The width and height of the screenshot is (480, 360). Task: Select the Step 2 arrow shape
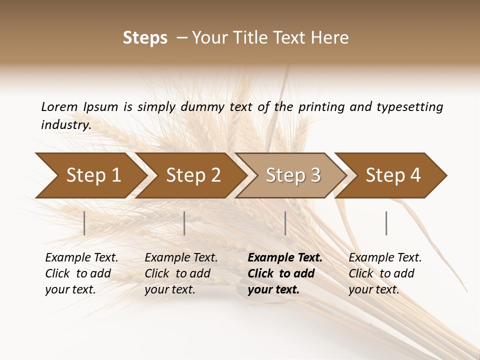(x=193, y=175)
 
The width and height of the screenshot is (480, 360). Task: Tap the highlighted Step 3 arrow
(x=293, y=175)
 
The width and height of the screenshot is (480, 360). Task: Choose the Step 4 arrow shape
(x=393, y=175)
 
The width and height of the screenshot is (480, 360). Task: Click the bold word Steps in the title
(x=145, y=38)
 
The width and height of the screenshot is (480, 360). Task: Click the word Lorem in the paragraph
(x=59, y=106)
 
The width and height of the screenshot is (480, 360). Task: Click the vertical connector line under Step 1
(x=84, y=223)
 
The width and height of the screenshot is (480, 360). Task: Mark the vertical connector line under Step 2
(x=184, y=223)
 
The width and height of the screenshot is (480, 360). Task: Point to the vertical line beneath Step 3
(x=285, y=223)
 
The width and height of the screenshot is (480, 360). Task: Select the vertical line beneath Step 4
(x=386, y=223)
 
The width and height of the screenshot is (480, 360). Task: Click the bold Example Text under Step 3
(x=285, y=258)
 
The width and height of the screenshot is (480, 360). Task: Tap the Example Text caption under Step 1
(x=81, y=258)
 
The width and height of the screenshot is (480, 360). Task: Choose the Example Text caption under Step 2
(x=181, y=258)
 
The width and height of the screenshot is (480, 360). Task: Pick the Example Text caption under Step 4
(x=385, y=258)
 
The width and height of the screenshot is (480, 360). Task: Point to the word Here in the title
(x=331, y=38)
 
